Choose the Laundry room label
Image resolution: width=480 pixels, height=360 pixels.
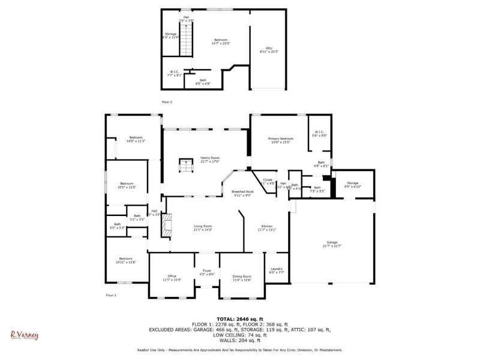(277, 270)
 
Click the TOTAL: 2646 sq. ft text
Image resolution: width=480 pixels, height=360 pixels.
(240, 319)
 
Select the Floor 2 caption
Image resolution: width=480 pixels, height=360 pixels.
(166, 102)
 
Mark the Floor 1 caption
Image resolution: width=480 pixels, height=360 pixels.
(111, 295)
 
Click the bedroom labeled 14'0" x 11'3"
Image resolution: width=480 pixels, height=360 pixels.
(133, 139)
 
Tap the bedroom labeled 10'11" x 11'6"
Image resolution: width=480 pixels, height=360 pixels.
(125, 260)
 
